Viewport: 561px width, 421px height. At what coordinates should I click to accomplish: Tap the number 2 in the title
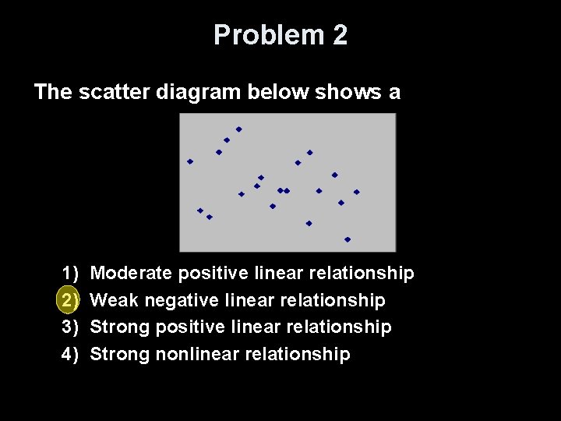339,35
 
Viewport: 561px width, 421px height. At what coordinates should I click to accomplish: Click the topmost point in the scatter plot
239,129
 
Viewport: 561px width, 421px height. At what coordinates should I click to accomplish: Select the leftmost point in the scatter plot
190,161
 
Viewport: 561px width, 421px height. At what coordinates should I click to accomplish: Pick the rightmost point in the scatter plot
357,192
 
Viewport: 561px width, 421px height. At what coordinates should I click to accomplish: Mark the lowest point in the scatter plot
348,239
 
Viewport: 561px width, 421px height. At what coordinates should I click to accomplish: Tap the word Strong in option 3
120,327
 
